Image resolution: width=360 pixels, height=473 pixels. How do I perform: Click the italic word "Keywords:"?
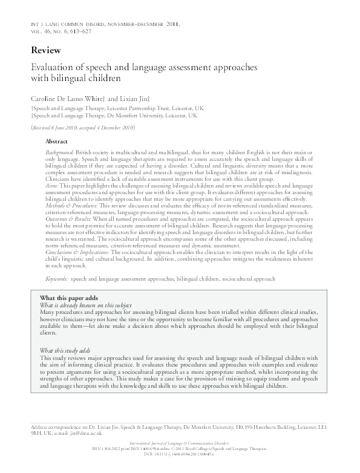57,279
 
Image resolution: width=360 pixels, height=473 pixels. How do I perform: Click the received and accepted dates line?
82,128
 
